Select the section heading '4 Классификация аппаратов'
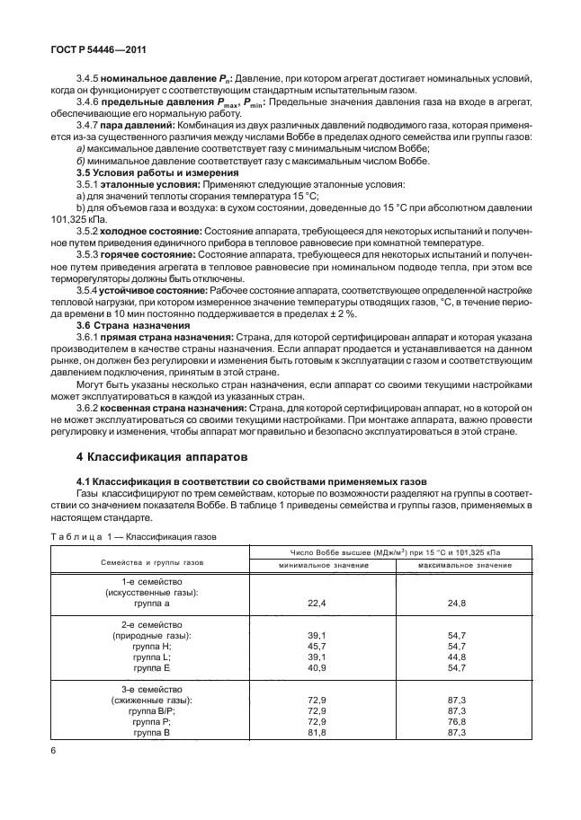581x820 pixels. [159, 457]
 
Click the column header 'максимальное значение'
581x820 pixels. [462, 566]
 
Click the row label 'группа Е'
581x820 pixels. [152, 668]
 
